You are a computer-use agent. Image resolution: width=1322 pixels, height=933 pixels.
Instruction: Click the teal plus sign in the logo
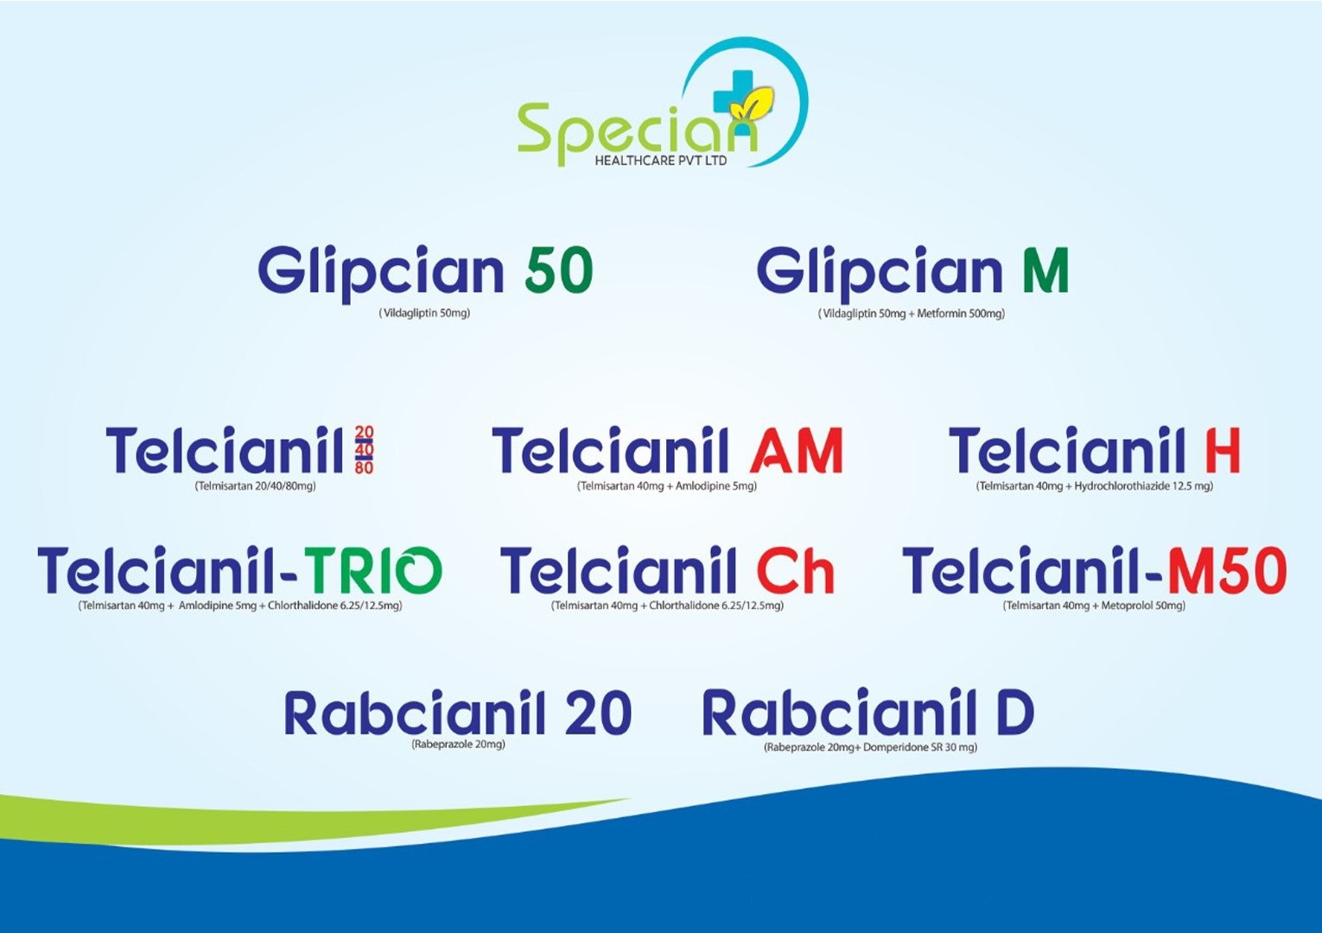click(733, 92)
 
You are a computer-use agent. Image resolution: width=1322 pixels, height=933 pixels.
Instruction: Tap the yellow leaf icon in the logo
click(752, 105)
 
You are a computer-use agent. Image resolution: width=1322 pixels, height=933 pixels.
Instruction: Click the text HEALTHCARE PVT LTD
click(660, 160)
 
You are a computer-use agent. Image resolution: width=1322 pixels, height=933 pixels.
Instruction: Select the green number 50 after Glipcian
click(558, 271)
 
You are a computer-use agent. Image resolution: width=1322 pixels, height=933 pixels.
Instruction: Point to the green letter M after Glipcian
click(1046, 270)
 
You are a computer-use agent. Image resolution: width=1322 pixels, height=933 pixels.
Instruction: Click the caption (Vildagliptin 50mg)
click(424, 313)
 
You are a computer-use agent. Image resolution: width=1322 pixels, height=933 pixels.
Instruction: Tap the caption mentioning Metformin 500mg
click(912, 314)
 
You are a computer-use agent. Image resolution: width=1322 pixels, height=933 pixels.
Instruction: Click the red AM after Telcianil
click(796, 450)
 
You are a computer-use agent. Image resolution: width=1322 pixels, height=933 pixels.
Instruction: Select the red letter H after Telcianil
click(1223, 450)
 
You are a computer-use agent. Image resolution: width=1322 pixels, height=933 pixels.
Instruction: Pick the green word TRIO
click(373, 569)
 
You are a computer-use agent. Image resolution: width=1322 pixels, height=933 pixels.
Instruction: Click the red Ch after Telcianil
click(796, 569)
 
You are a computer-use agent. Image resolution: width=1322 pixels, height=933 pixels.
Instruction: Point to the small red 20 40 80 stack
click(364, 450)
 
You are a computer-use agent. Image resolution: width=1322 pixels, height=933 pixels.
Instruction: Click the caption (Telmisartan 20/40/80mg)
click(255, 486)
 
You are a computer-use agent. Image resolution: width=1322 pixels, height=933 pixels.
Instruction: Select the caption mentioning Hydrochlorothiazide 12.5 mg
click(1094, 486)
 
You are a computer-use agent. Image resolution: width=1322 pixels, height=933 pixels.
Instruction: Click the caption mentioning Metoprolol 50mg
click(1094, 606)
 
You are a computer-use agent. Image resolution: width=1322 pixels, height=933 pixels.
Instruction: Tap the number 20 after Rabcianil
click(598, 713)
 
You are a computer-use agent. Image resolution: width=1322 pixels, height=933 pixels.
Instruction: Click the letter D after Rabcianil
click(1014, 713)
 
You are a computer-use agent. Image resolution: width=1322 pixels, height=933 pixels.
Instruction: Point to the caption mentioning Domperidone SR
click(870, 747)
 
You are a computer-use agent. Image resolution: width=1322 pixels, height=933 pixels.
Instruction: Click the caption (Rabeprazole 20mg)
click(458, 744)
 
